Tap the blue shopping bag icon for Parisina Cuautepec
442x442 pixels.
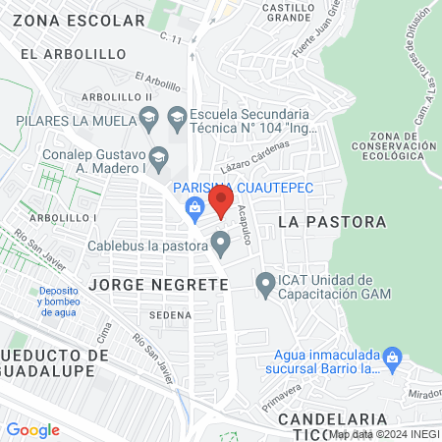tap(195, 206)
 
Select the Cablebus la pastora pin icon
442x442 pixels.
tap(222, 242)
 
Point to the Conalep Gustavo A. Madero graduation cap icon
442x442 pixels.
tap(157, 156)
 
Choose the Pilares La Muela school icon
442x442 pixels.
tap(148, 121)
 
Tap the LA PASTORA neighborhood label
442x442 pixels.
tap(332, 222)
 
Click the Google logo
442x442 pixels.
tap(33, 429)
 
